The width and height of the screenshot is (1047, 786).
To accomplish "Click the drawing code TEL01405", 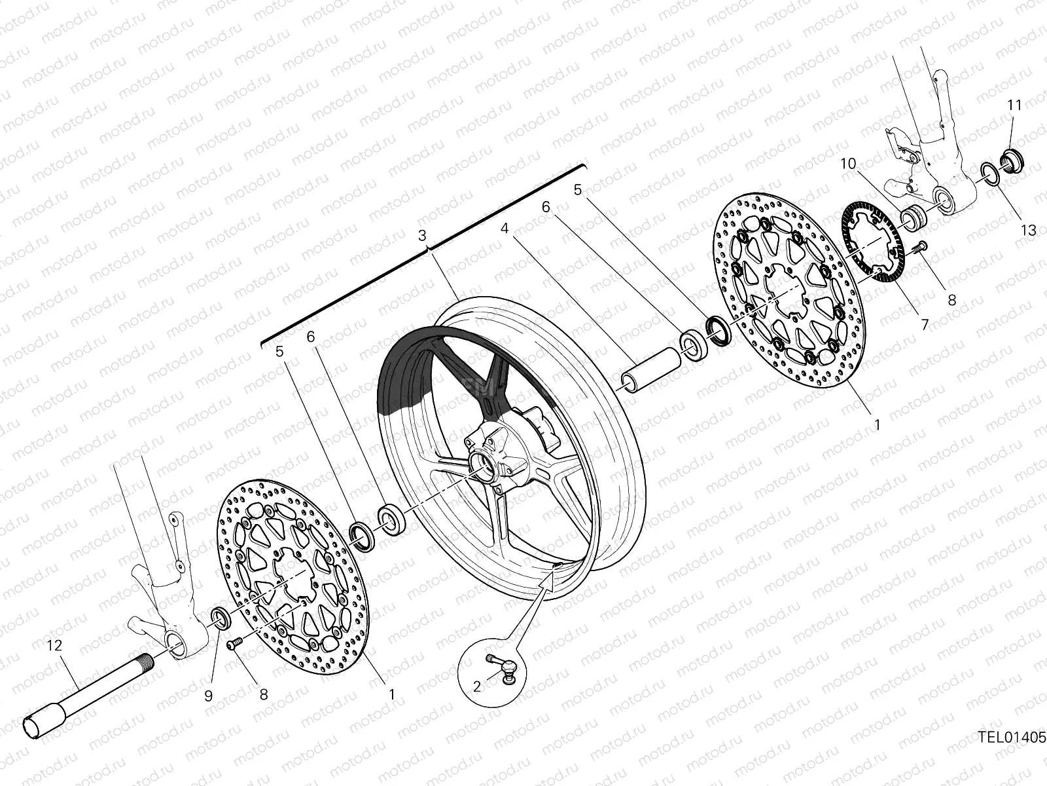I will point(1012,738).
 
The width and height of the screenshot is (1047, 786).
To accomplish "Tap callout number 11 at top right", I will point(1014,105).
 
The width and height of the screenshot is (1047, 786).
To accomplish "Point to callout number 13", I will point(1029,230).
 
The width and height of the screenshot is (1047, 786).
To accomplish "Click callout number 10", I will point(848,164).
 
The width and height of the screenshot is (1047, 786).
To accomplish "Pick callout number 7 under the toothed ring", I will point(925,324).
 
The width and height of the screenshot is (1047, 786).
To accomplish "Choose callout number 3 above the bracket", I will point(422,235).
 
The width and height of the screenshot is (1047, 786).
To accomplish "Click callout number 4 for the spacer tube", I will point(505,229).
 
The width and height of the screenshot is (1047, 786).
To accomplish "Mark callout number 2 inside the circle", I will point(476,686).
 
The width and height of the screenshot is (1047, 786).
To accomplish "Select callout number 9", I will point(208,696).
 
